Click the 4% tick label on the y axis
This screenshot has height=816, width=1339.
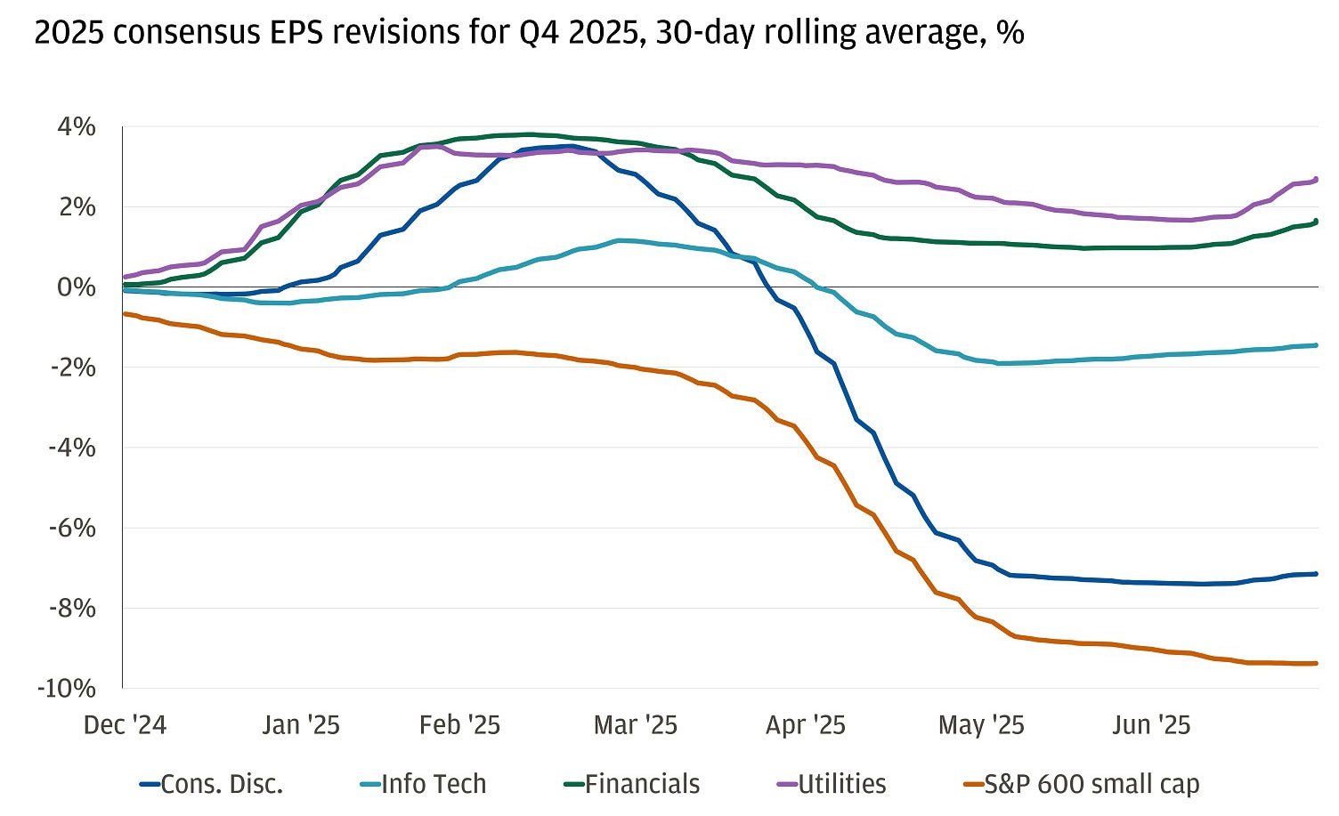77,127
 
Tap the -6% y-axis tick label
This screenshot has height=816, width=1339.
71,528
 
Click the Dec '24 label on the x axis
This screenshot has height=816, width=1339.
125,725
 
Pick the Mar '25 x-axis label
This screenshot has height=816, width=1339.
636,725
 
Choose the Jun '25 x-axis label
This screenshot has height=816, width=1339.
1150,725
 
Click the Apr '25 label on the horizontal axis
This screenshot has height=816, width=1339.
805,725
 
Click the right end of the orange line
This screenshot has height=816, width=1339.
1316,663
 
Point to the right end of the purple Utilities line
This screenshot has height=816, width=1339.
1316,179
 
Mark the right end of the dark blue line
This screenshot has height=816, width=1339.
1316,574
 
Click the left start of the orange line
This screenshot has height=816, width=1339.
125,313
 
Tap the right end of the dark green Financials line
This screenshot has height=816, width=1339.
1316,222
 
